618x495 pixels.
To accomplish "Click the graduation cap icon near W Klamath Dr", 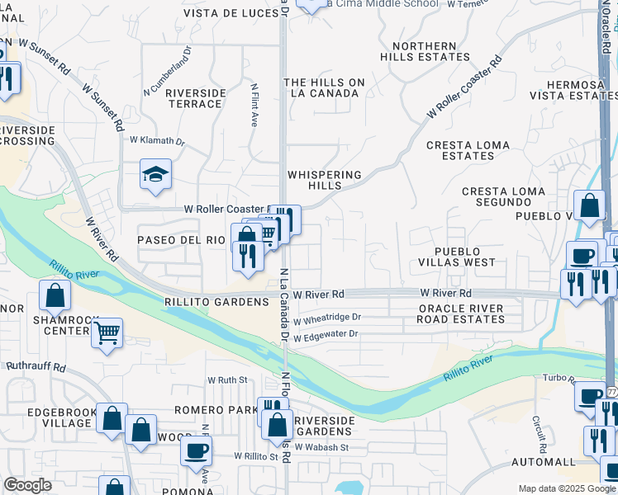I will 155,175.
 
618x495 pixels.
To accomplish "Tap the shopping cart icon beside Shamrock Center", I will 107,333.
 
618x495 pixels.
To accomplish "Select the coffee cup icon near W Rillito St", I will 197,450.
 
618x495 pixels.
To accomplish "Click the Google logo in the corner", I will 27,485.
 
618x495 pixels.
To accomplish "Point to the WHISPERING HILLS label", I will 324,180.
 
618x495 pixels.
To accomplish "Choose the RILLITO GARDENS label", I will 217,302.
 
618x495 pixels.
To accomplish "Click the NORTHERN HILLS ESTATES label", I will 425,51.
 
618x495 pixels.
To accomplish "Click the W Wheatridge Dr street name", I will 327,317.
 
